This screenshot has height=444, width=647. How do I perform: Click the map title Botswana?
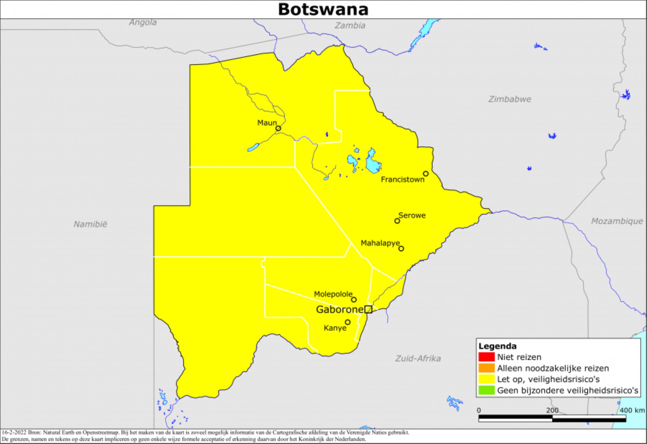coord(323,10)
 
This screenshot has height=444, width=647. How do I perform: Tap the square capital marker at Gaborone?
coord(368,309)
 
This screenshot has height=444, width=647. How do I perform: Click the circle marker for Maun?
coord(278,128)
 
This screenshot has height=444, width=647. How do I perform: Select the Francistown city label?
coord(402,180)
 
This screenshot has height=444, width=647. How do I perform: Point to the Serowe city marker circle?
coord(397,221)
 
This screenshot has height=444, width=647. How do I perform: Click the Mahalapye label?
coord(380,243)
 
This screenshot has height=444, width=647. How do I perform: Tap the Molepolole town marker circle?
coord(354,300)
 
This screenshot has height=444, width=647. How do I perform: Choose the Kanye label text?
coord(335,328)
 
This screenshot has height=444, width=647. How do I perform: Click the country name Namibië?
coord(90,224)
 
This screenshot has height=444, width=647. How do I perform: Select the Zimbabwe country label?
coord(510,99)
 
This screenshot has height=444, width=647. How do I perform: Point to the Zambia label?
coord(350,26)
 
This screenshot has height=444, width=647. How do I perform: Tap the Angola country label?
coord(143,22)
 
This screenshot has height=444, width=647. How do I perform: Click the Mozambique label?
coord(617,221)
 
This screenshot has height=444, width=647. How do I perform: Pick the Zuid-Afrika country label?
coord(418,359)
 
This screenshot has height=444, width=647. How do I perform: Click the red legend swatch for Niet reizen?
coord(487,357)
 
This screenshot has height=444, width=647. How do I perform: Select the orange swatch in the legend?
coord(487,368)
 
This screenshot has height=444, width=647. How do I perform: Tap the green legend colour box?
coord(487,390)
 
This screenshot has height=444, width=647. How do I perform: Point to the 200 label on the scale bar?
coord(552,410)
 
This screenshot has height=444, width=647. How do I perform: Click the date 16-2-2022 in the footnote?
coord(14,433)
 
